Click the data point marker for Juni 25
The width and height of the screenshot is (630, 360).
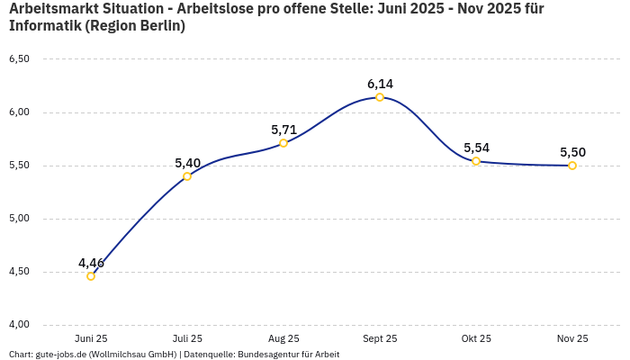(91, 276)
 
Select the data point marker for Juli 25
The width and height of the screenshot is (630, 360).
(187, 176)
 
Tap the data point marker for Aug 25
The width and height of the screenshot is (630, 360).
(283, 143)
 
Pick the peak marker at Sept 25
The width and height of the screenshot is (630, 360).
(380, 97)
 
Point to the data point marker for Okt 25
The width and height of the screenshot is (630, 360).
(476, 161)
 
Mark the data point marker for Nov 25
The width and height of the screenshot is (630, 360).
(572, 166)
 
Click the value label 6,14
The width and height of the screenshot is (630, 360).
(380, 84)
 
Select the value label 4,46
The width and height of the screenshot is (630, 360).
(91, 263)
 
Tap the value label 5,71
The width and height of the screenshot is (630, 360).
(283, 130)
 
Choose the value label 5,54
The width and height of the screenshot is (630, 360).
(476, 148)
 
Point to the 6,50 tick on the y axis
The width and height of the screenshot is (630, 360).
(19, 59)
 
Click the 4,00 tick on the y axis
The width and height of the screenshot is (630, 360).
(19, 325)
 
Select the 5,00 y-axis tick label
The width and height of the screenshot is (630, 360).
(19, 219)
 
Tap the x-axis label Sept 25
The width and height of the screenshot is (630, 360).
(380, 338)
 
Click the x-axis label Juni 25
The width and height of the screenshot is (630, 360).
(91, 338)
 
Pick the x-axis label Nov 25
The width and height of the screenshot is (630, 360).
(572, 338)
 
